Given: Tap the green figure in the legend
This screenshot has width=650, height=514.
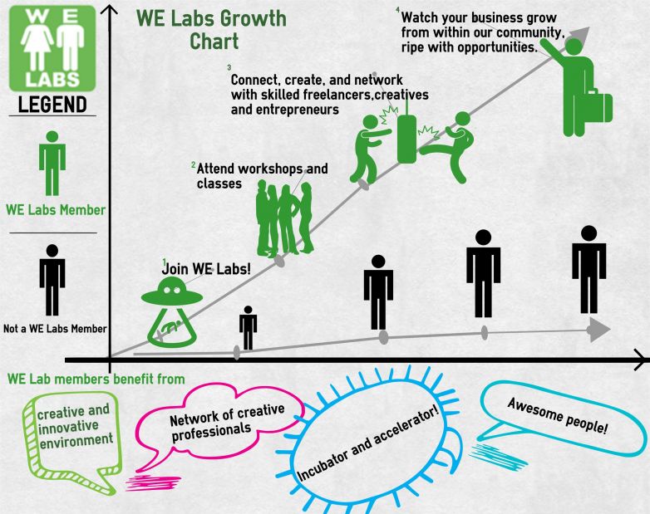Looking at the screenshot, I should [52, 163].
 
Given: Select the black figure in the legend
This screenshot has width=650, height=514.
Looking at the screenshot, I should [52, 278].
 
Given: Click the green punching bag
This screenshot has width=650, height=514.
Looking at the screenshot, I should [406, 133].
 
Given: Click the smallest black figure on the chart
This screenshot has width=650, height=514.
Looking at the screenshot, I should [248, 326].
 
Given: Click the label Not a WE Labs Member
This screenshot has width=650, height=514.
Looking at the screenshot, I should [54, 329].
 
